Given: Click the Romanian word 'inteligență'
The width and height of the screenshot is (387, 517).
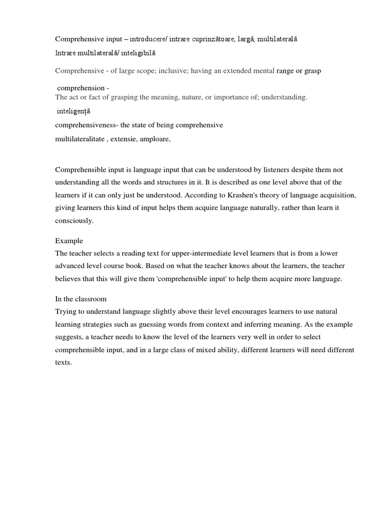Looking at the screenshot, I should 74,111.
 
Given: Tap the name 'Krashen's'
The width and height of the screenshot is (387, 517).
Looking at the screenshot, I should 233,195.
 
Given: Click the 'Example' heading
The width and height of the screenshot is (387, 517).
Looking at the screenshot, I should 69,241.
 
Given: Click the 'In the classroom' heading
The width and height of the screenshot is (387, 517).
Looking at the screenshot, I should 81,299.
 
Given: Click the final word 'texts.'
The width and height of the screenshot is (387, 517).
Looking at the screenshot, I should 64,362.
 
